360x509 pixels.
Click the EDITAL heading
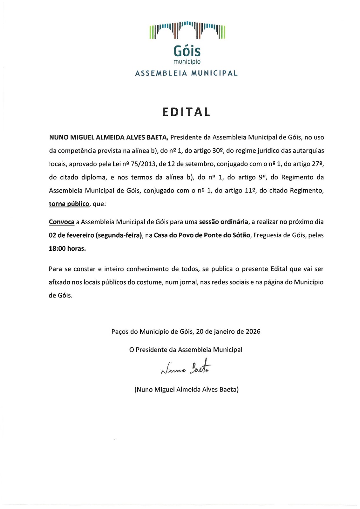click(x=187, y=112)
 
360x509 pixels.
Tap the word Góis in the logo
click(x=187, y=51)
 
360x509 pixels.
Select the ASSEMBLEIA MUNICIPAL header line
click(x=187, y=73)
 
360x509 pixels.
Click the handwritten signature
click(x=186, y=368)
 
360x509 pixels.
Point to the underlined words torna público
click(x=69, y=204)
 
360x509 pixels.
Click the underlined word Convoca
click(x=61, y=222)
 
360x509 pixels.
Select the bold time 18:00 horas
click(x=67, y=248)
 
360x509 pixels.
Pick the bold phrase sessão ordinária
click(x=223, y=222)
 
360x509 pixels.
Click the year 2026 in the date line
click(x=253, y=331)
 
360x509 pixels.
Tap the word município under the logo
click(x=187, y=61)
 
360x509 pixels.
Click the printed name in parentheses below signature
click(x=187, y=389)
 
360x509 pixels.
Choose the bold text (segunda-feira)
click(x=119, y=235)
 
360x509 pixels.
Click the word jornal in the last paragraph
click(x=188, y=282)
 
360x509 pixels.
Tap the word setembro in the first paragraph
click(x=201, y=164)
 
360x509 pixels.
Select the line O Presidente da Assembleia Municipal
click(x=186, y=350)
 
